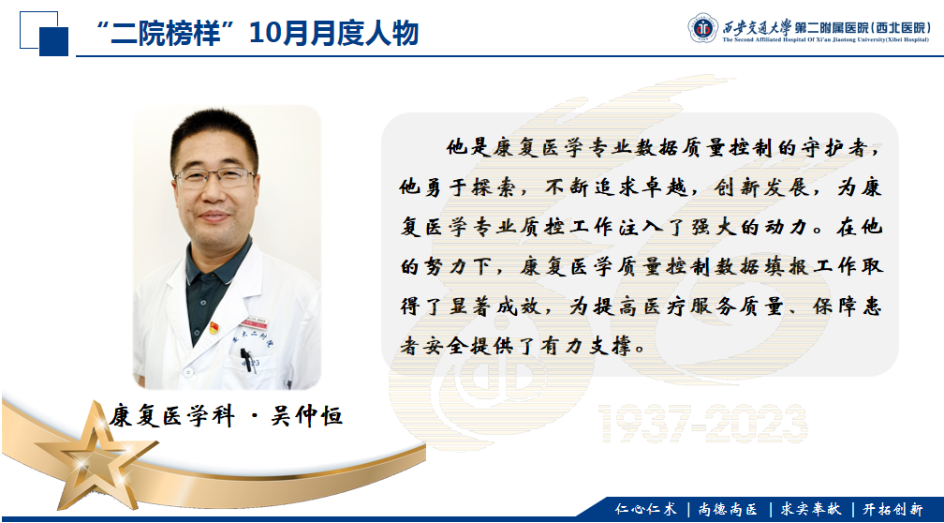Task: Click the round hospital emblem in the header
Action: [703, 28]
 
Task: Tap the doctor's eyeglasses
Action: [215, 176]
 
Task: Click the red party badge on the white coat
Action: [214, 328]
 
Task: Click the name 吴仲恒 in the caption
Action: [307, 415]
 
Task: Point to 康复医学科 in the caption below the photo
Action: [171, 415]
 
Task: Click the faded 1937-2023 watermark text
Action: [702, 424]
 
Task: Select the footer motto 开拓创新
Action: [892, 509]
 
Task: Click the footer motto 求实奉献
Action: [811, 509]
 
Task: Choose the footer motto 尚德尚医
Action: [728, 509]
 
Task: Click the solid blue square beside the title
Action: [53, 41]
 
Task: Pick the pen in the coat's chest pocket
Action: [248, 360]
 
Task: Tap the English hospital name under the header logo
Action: [827, 39]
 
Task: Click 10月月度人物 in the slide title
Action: [333, 33]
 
